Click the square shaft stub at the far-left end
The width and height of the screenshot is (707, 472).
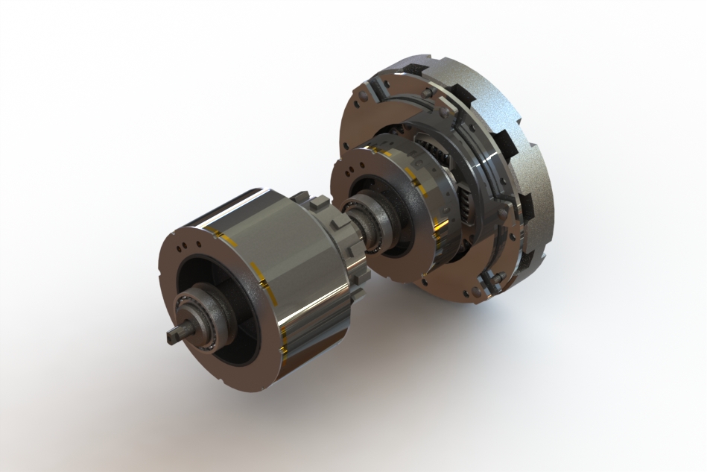pyautogui.click(x=172, y=336)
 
